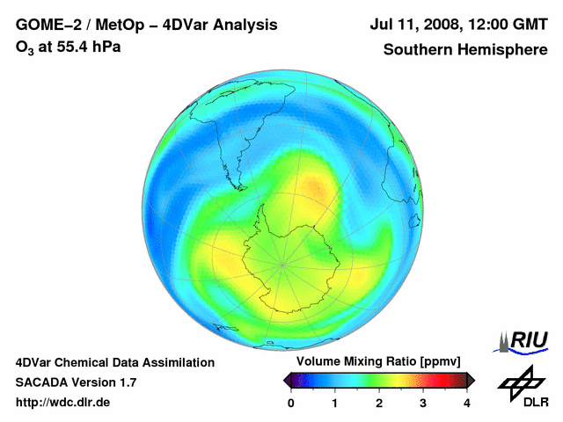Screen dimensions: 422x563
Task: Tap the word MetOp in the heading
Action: click(118, 25)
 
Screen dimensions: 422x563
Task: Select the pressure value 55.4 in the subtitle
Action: click(73, 47)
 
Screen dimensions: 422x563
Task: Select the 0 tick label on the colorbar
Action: click(291, 403)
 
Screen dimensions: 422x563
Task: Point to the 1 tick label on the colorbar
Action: click(335, 403)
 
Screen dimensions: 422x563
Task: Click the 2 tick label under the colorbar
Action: click(379, 403)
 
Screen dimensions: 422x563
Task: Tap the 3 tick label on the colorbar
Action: click(423, 403)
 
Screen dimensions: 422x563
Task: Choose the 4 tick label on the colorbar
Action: click(467, 403)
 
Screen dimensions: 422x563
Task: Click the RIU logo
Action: click(525, 340)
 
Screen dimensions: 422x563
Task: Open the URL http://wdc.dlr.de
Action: click(63, 403)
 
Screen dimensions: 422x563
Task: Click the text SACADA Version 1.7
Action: click(76, 382)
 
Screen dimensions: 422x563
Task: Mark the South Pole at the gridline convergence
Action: click(281, 263)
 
